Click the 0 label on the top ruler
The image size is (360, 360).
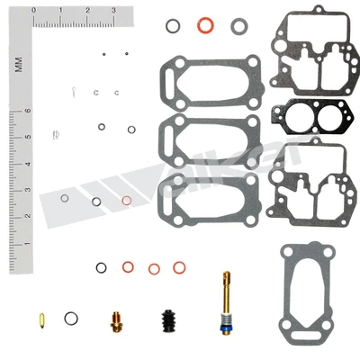click(x=33, y=11)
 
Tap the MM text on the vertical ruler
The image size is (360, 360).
click(x=17, y=65)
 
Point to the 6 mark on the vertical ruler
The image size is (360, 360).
click(x=29, y=112)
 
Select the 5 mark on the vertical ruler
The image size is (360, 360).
click(x=29, y=137)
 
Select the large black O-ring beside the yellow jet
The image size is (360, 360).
click(x=71, y=318)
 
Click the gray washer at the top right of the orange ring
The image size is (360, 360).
click(x=238, y=25)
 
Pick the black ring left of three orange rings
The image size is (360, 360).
click(x=102, y=266)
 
